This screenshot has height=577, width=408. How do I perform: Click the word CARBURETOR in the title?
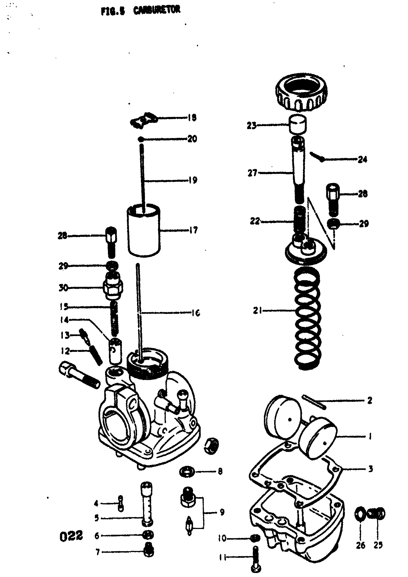156,10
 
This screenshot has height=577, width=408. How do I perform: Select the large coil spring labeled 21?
308,319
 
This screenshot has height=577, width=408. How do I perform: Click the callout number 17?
193,230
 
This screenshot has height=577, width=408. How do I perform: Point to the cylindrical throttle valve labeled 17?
144,231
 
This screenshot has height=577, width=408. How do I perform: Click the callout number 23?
251,125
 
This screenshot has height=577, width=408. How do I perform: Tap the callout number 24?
362,160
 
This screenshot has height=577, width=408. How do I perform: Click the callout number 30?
63,288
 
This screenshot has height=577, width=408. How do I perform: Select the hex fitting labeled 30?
113,287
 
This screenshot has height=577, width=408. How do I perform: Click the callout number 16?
195,313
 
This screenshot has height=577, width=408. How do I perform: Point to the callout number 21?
257,311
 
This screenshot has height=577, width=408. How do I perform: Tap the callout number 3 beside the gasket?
370,469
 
